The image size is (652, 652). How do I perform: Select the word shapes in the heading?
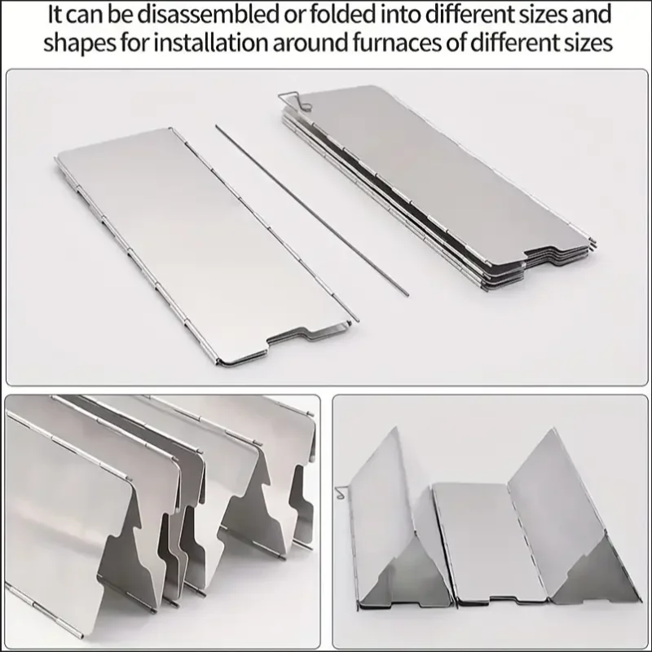[x=79, y=43]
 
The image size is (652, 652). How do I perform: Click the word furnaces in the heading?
[x=416, y=43]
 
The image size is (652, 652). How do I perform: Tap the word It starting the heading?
[x=59, y=14]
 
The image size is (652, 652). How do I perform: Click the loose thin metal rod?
[x=314, y=212]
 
